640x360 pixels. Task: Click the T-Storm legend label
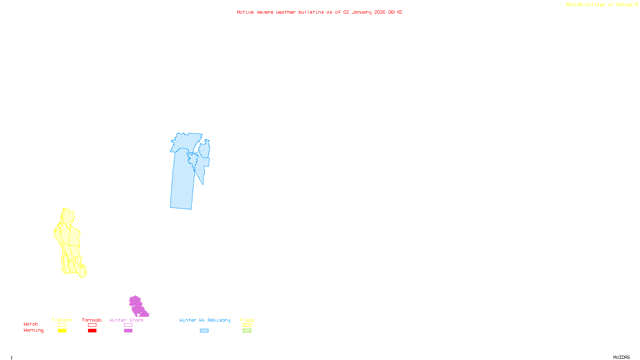[x=62, y=320]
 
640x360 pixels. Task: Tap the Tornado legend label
[x=92, y=320]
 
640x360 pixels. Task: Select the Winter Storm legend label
[x=126, y=320]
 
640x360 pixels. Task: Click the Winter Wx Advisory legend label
[x=205, y=320]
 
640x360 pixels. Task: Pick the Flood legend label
[x=247, y=320]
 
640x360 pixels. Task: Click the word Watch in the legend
[x=31, y=324]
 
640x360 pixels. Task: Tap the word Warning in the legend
[x=33, y=330]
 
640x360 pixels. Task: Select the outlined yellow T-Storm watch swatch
[x=62, y=325]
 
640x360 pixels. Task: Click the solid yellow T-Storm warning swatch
[x=62, y=331]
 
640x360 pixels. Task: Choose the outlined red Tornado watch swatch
[x=92, y=325]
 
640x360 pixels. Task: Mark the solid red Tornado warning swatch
[x=92, y=331]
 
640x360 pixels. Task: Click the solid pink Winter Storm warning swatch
[x=128, y=331]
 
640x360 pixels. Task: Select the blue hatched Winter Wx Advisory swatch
[x=204, y=331]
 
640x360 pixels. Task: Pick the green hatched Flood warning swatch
[x=247, y=331]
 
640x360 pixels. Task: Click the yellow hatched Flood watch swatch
[x=247, y=325]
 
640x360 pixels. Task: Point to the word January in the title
[x=362, y=12]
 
